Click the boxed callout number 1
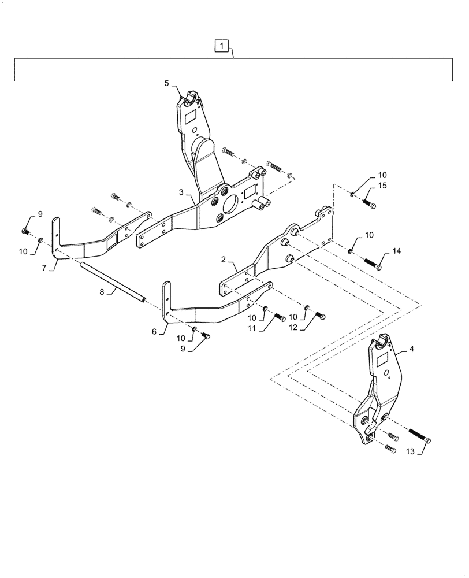tap(222, 45)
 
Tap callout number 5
tap(167, 83)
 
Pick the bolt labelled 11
tap(279, 317)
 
